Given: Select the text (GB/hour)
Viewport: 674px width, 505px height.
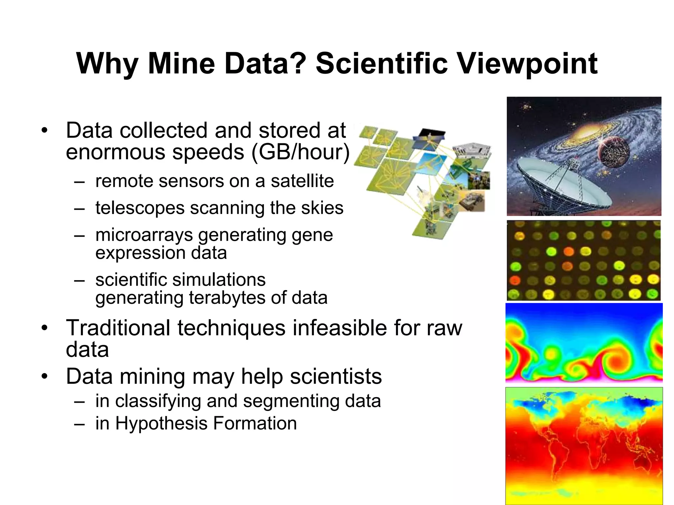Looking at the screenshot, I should (300, 152).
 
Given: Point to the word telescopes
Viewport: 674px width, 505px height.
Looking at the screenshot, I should (140, 208).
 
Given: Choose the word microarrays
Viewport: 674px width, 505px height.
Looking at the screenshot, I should (144, 235).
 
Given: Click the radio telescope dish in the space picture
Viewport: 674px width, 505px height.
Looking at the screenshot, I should (559, 184).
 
